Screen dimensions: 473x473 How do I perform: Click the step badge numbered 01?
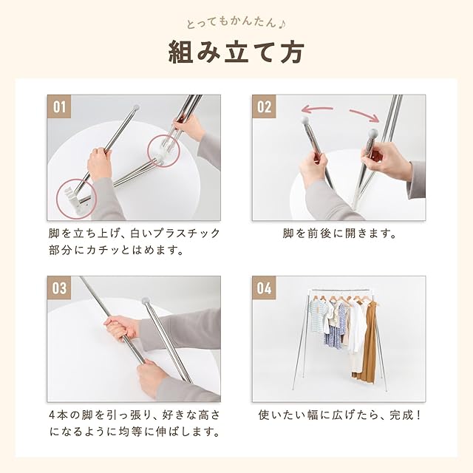pos(59,106)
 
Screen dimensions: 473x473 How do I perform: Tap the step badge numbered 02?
pos(265,106)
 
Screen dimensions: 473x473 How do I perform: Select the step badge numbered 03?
pos(59,287)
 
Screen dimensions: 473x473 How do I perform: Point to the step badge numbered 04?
pos(265,287)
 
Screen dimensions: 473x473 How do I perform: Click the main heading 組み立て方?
pos(236,52)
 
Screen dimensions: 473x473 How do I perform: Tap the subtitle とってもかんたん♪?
pos(236,24)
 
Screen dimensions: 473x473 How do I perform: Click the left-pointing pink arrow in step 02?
pos(317,109)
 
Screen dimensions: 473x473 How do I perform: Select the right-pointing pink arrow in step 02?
pos(364,115)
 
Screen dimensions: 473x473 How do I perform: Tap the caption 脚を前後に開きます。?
pos(339,234)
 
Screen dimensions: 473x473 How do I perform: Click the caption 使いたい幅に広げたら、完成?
pos(339,415)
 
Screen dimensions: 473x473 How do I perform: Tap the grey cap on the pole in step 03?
pos(146,301)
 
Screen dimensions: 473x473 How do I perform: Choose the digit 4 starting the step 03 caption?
pos(52,415)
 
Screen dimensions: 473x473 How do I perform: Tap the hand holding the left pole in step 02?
pos(313,168)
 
